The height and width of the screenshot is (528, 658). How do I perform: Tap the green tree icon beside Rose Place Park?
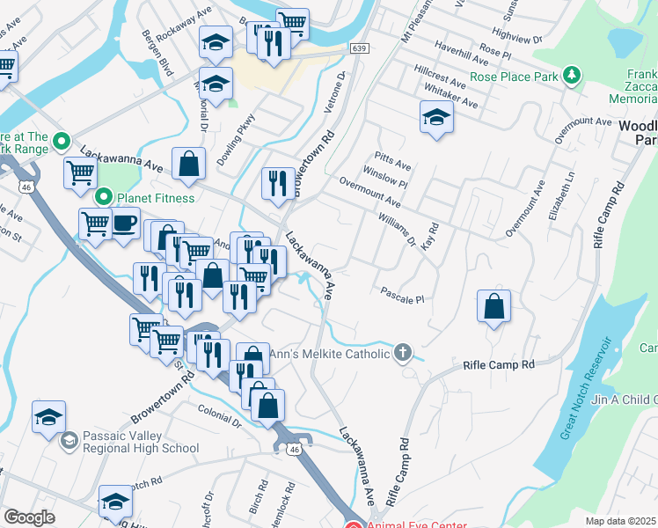[573, 76]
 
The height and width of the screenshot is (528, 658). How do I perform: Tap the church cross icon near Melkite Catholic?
[403, 354]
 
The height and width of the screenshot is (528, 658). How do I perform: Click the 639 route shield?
[357, 48]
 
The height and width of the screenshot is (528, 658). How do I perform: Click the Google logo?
[29, 517]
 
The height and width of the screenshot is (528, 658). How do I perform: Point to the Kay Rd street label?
[429, 236]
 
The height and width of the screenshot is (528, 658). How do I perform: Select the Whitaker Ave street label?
[450, 97]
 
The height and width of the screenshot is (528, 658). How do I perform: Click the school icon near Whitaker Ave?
[436, 118]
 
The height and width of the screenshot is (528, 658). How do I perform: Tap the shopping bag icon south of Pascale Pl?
[494, 306]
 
